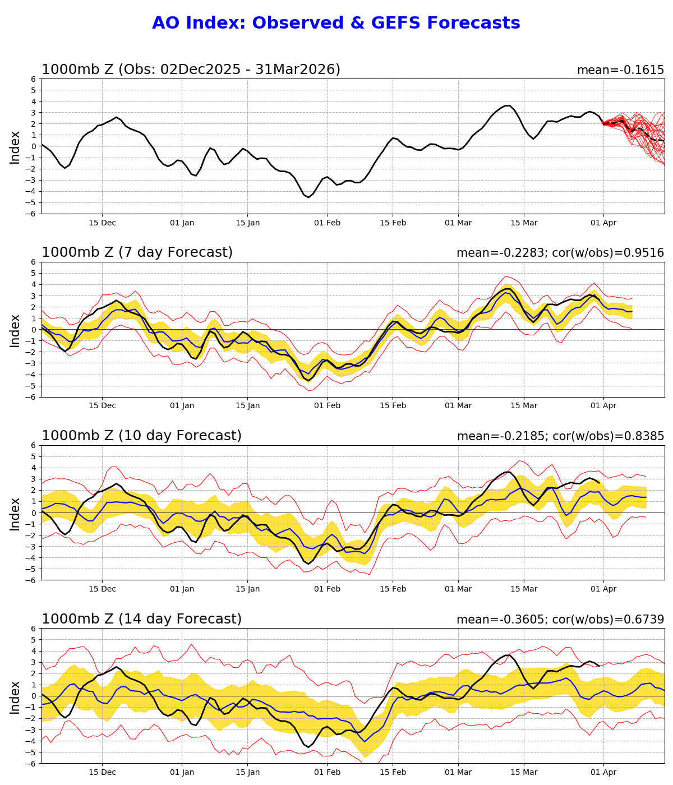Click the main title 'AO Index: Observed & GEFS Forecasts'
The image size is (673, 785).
[x=336, y=24]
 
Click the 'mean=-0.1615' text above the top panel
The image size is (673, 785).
[x=620, y=71]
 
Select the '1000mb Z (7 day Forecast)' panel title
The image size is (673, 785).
[x=137, y=253]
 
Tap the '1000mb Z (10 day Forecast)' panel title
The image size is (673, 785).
[x=141, y=436]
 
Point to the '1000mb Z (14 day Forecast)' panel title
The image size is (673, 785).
[x=141, y=619]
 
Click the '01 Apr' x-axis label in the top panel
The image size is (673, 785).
[x=603, y=223]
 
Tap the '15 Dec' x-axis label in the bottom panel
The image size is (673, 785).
[x=102, y=772]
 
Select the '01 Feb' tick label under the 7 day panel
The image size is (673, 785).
[x=327, y=406]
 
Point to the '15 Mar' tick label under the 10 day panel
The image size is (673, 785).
[x=524, y=589]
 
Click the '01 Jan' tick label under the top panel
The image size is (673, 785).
[x=182, y=223]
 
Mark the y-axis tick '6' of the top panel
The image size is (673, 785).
[x=34, y=79]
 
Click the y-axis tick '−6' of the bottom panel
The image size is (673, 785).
[x=31, y=763]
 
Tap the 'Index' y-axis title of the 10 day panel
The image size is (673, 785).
[x=15, y=513]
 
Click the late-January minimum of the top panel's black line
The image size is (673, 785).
[x=308, y=197]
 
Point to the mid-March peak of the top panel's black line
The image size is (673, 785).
[x=508, y=105]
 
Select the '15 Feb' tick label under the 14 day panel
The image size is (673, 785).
[x=393, y=772]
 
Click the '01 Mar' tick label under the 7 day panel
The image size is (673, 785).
[x=458, y=406]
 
